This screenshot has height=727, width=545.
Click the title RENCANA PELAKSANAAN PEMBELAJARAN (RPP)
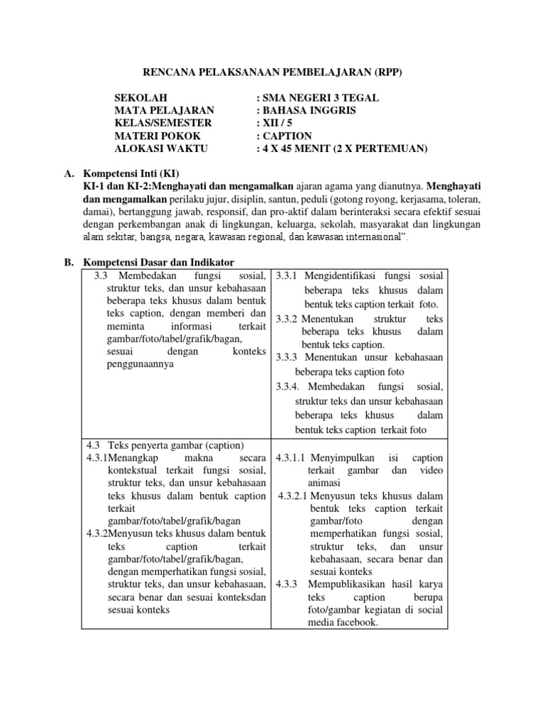(272, 72)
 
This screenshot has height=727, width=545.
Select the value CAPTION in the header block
(287, 136)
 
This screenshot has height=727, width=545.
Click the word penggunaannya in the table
(141, 363)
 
